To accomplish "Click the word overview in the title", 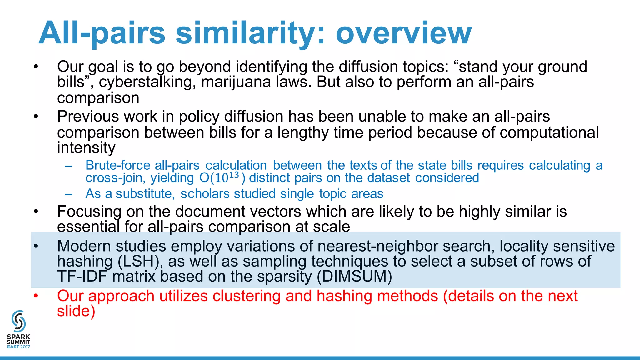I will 403,33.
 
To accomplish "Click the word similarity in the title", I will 250,33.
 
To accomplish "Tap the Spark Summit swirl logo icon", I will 18,321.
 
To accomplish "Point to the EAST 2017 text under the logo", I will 18,347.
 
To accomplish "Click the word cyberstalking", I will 147,82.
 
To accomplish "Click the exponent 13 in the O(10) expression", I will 234,175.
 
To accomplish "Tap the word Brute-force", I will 118,165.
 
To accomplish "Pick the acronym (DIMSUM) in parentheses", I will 354,276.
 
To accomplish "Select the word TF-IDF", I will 82,276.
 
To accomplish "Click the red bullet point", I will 36,296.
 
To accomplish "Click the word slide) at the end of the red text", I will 76,311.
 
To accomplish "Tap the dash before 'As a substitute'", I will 69,194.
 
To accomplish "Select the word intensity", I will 86,147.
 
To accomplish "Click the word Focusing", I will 89,212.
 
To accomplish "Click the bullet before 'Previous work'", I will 36,117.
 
